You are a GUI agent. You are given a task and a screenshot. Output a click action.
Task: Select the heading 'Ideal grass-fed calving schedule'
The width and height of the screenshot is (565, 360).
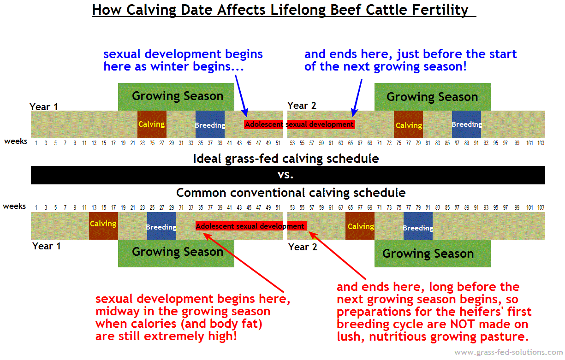285,159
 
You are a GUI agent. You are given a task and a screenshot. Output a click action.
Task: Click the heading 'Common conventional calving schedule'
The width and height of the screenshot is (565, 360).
291,193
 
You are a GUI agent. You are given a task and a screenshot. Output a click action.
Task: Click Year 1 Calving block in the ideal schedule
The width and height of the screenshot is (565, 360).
152,124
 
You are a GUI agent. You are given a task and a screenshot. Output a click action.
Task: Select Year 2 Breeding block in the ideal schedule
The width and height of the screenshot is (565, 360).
466,124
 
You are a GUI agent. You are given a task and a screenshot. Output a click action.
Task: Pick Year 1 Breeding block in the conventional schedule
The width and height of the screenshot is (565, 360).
161,226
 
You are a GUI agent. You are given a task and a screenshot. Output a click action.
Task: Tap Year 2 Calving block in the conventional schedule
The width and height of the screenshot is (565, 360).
360,226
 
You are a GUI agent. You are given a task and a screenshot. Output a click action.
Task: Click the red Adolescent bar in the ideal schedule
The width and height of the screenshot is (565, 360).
300,124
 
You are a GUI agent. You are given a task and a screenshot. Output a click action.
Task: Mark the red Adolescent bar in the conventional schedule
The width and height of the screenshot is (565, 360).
250,226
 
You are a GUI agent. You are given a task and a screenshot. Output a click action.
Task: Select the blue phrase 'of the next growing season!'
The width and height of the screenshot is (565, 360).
385,66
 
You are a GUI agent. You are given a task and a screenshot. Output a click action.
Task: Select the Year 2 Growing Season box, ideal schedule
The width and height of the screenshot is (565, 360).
432,97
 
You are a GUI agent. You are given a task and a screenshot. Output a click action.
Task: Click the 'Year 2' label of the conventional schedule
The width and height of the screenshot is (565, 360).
303,247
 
